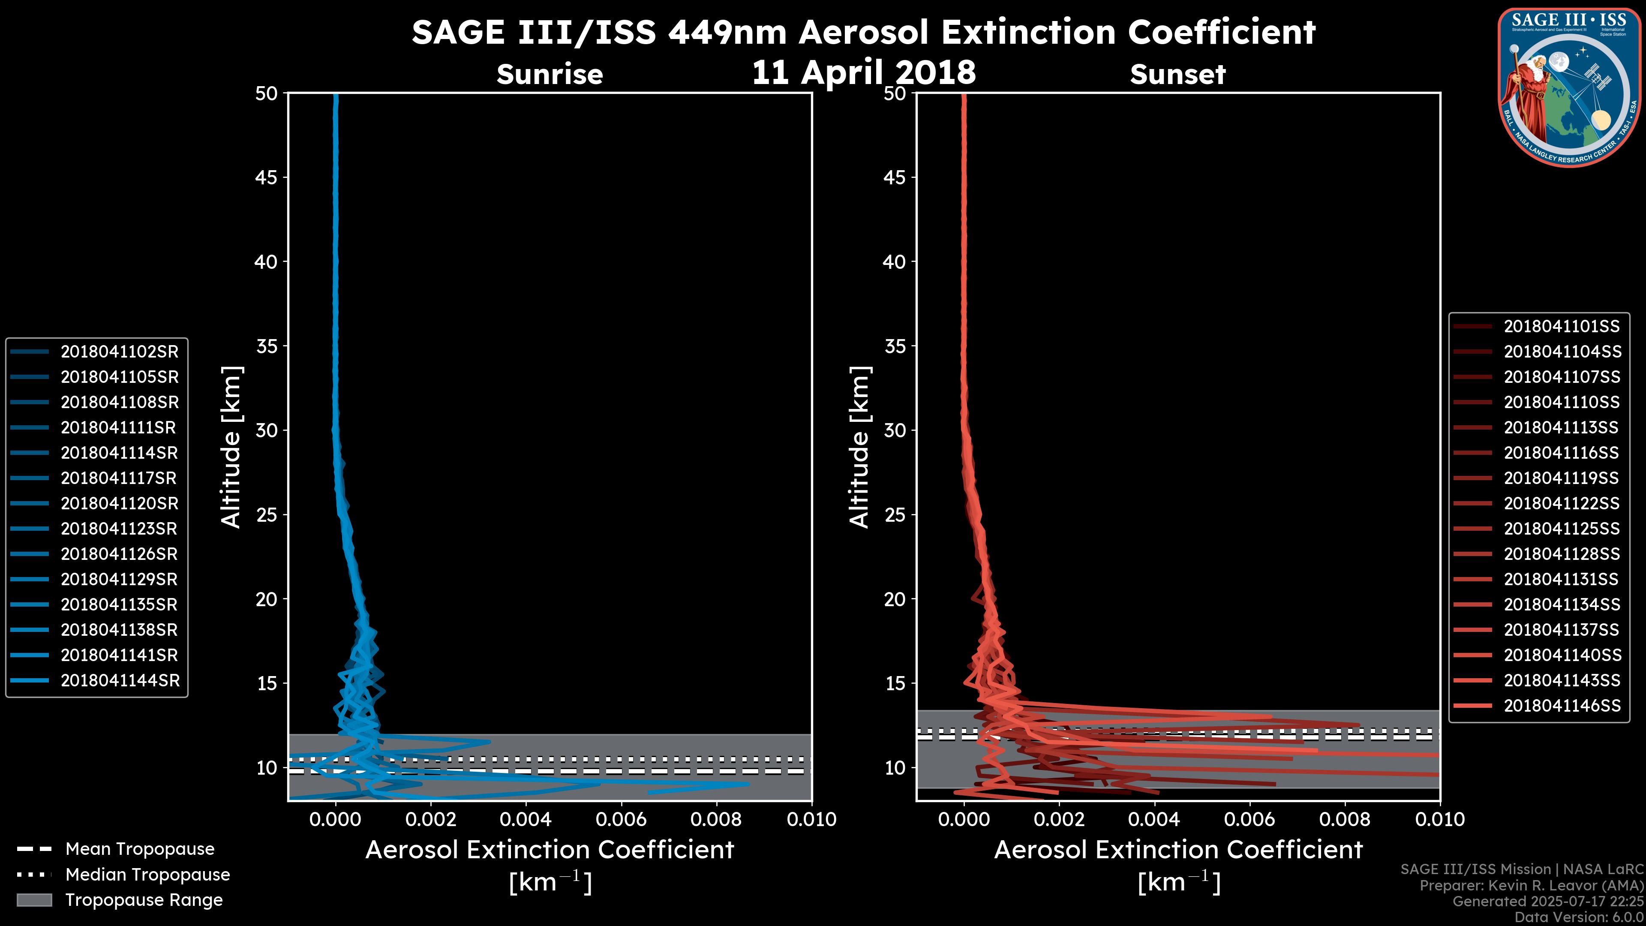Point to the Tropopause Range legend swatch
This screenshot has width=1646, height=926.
tap(34, 900)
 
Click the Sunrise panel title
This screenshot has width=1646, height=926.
tap(550, 75)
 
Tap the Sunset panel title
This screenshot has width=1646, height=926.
tap(1177, 75)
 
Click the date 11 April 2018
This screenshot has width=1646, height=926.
tap(864, 72)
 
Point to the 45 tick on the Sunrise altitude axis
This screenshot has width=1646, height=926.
tap(267, 177)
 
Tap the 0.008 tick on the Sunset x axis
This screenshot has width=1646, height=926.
tap(1345, 819)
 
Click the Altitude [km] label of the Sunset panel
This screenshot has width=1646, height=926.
tap(859, 447)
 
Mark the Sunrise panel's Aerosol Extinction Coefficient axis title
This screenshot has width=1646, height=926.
tap(550, 850)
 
